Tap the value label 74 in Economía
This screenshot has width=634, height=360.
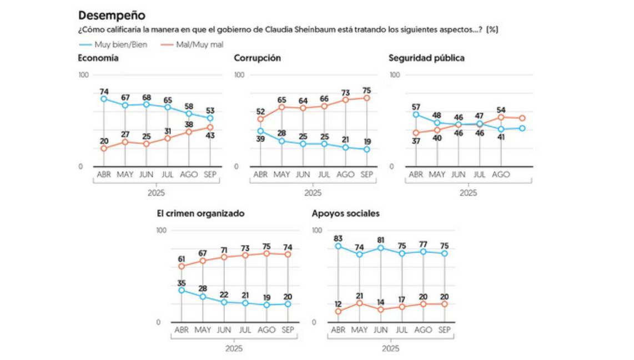tap(104, 90)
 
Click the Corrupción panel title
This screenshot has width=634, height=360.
tap(257, 58)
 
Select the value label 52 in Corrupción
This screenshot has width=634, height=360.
tap(260, 111)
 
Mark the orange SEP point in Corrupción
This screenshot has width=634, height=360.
tap(366, 98)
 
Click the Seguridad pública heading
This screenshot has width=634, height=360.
tap(426, 58)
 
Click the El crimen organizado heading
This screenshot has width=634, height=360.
tap(201, 213)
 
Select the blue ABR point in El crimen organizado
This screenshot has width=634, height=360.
tap(182, 290)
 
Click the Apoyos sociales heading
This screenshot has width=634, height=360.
tap(346, 213)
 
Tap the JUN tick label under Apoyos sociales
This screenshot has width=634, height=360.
tap(380, 330)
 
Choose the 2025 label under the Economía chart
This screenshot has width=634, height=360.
tap(157, 193)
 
